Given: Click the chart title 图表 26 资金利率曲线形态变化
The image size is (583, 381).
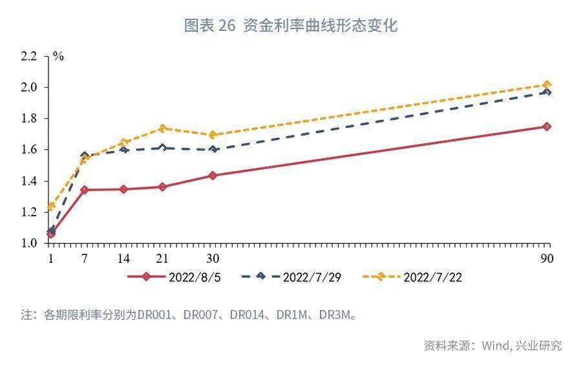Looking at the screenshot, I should point(291,26).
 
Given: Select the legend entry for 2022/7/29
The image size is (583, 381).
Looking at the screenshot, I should point(290,277).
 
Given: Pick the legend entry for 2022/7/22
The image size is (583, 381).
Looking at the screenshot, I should point(412,277).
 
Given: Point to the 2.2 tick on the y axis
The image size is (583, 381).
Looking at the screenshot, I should point(29,56).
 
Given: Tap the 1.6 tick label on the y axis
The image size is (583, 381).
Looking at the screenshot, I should point(29,150).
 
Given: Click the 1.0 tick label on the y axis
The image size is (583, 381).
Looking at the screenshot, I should point(29,243).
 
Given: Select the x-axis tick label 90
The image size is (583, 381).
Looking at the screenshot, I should point(547,258).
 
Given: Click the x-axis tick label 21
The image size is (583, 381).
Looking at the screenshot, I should point(162,258).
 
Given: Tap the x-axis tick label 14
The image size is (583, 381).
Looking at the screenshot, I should point(123,258).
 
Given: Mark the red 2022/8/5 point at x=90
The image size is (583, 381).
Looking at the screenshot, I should point(547,127).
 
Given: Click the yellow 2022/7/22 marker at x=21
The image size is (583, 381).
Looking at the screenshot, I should point(162,128).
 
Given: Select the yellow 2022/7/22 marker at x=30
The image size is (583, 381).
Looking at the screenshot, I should point(213,135).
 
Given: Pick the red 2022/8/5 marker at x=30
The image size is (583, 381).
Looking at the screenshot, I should point(213,175).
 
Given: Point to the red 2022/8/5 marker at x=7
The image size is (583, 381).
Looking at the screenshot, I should point(85,190).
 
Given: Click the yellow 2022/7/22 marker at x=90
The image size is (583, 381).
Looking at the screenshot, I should point(547,85).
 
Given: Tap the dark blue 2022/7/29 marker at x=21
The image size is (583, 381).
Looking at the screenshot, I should point(162,147).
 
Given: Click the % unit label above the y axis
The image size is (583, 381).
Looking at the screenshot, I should point(58,56).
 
